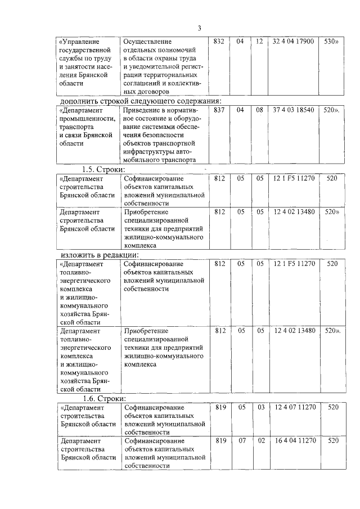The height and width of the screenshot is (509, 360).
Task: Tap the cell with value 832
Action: coord(220,42)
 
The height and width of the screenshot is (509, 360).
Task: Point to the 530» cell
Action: coord(331,42)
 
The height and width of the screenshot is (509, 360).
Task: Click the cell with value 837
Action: coord(220,110)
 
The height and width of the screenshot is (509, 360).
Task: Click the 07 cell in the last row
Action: coord(241,441)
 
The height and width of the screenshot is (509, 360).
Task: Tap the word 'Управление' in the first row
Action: coord(80,42)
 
